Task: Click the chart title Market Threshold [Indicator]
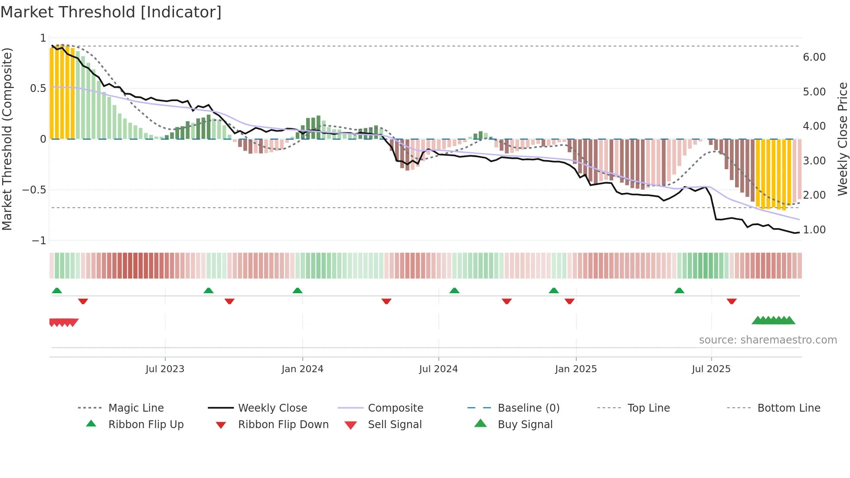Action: click(111, 12)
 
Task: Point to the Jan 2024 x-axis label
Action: click(302, 369)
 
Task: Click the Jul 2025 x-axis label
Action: click(711, 369)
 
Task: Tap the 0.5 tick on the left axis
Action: click(38, 88)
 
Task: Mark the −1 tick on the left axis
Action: click(39, 240)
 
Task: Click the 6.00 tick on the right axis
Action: click(814, 57)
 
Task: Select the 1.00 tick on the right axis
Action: click(814, 230)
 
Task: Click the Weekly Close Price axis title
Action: click(842, 139)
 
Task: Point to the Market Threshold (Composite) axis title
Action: click(7, 139)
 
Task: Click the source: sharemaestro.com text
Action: click(768, 340)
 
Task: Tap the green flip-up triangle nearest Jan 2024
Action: click(297, 291)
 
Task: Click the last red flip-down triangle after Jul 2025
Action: click(732, 301)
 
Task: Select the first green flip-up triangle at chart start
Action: click(57, 291)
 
